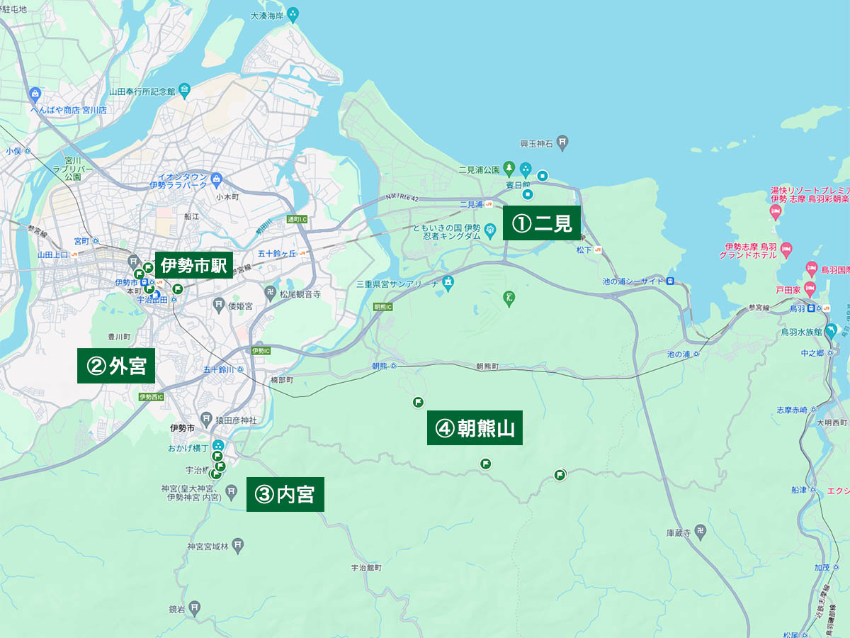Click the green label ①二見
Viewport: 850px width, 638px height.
[542, 223]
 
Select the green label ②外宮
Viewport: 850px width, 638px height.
[116, 366]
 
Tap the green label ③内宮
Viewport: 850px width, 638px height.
[285, 494]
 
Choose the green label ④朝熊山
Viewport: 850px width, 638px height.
[475, 427]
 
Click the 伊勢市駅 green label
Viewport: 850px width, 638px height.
[193, 266]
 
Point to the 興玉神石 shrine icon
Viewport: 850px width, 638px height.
[562, 143]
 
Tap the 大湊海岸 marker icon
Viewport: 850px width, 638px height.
[294, 13]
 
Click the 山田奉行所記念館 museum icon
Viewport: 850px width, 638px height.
[184, 90]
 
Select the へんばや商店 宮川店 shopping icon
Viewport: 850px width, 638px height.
[35, 94]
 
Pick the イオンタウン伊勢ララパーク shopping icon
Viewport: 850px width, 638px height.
[217, 179]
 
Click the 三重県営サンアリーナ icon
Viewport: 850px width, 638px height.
[448, 284]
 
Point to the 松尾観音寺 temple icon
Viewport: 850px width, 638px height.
[270, 293]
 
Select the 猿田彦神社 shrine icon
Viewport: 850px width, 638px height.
[205, 420]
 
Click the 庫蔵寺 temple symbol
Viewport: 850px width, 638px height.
[700, 532]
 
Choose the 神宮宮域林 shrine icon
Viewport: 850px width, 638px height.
[238, 545]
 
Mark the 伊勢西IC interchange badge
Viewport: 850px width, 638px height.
[152, 397]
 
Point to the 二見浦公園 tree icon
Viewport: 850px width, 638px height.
[509, 169]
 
